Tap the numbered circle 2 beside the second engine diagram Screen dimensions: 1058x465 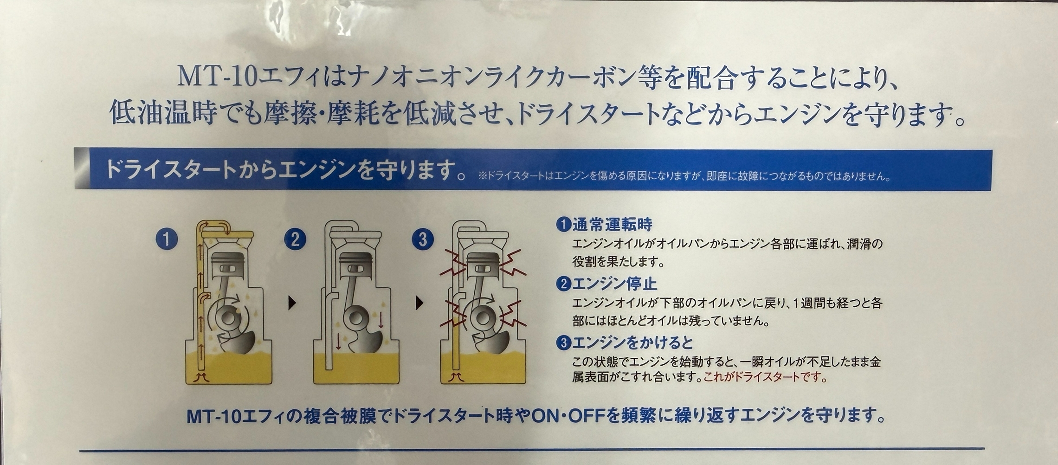pos(295,239)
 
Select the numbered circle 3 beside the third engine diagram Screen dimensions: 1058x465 pos(423,239)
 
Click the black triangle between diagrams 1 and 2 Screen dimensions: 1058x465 pos(292,304)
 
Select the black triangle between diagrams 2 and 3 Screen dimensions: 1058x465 pos(420,304)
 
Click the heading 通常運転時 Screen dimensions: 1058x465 pos(613,225)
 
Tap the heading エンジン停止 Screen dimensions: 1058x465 pos(615,284)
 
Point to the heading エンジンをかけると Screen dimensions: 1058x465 pos(633,343)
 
